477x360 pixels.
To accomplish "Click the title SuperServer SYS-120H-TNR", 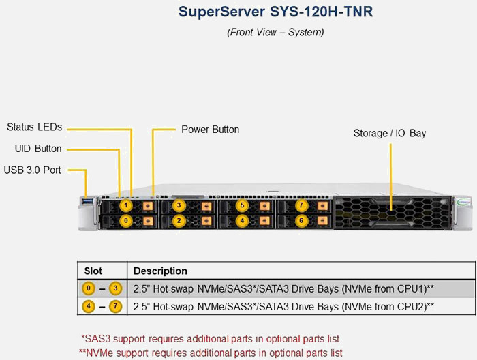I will [x=275, y=12].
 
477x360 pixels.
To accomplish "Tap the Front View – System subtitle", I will [x=275, y=32].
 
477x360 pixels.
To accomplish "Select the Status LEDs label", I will [x=34, y=127].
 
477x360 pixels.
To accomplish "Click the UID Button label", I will [x=38, y=149].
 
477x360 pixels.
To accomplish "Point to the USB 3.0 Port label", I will [x=32, y=170].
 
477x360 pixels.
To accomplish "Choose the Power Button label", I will [x=210, y=129].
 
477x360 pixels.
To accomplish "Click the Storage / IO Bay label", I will [x=389, y=133].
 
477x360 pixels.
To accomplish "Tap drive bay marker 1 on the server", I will [x=125, y=205].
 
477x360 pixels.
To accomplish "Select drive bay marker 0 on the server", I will [x=125, y=221].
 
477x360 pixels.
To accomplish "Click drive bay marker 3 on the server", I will [x=179, y=205].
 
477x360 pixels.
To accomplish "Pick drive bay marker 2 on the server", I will [x=179, y=221].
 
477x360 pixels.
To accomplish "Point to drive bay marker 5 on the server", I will [x=241, y=205].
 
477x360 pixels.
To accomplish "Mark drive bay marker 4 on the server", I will [x=241, y=221].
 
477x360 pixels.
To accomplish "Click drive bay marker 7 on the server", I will [x=301, y=205].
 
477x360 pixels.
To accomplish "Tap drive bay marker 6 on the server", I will [x=301, y=221].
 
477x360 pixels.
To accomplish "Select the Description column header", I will [x=160, y=271].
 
